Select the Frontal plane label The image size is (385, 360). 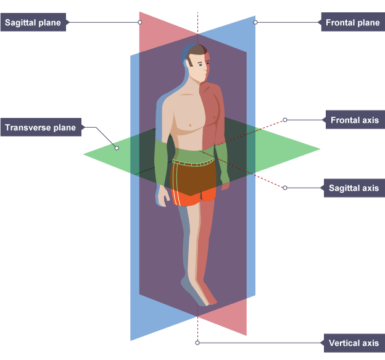352,23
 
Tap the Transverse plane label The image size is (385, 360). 40,128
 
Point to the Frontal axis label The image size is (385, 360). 354,120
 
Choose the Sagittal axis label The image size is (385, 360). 354,188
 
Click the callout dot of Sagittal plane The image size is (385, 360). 140,23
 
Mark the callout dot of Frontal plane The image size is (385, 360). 255,23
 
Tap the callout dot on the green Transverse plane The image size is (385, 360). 117,148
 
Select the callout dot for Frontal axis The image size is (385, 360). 285,120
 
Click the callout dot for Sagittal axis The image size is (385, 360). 285,188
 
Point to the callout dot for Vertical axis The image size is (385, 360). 197,342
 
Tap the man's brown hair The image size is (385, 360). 196,51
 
